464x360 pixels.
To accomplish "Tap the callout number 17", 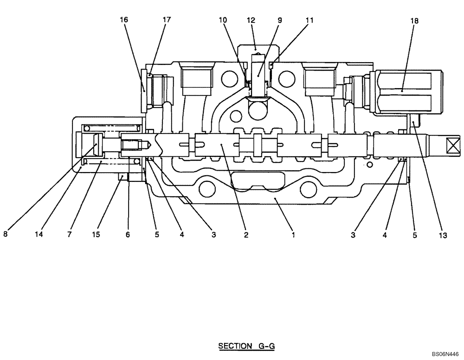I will point(166,20).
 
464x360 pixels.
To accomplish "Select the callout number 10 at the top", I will point(223,20).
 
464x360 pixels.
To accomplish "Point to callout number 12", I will point(251,20).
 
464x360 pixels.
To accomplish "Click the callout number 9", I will point(279,20).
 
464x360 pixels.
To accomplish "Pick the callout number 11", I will point(309,20).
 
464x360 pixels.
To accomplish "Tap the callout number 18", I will point(414,20).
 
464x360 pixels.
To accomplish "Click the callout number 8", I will point(6,235).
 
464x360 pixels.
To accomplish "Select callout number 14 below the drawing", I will point(39,235).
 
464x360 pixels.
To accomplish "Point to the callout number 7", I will point(69,235).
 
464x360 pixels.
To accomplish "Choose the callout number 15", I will point(96,235).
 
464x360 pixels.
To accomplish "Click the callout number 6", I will point(128,235).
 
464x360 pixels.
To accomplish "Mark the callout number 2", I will point(246,235).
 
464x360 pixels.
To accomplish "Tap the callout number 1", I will point(293,235).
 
